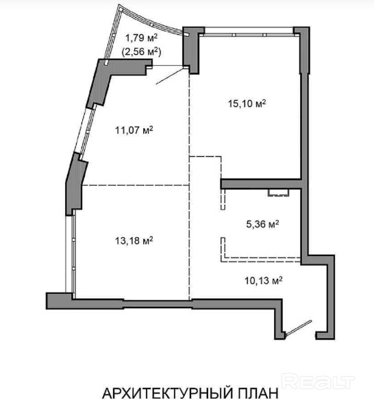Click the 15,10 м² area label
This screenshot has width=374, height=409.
click(x=247, y=103)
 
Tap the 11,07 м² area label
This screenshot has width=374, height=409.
click(x=134, y=129)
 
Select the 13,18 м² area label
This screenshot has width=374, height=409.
click(x=134, y=240)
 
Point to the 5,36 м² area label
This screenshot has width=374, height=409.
click(x=262, y=224)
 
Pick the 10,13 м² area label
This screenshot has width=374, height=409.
click(x=264, y=281)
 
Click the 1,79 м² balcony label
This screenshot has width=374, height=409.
click(x=142, y=38)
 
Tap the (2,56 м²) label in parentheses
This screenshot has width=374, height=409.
click(x=141, y=51)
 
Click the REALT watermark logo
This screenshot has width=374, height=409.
click(x=318, y=382)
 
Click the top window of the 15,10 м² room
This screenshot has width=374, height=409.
click(x=249, y=32)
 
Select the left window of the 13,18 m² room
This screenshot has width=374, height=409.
click(x=71, y=253)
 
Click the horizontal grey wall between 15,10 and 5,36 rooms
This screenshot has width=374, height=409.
click(x=262, y=184)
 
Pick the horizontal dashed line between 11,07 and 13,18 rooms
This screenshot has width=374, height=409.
click(x=136, y=185)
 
